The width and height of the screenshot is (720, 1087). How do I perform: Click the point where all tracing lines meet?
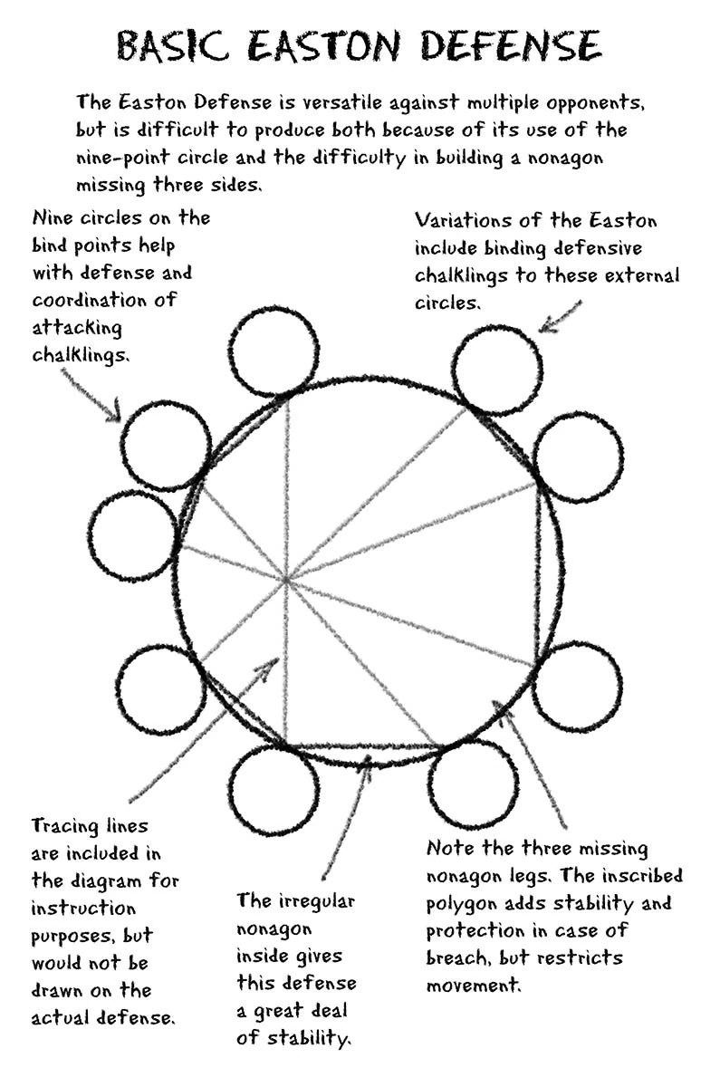[x=286, y=578]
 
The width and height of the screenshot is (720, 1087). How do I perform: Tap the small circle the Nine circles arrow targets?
[x=167, y=445]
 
